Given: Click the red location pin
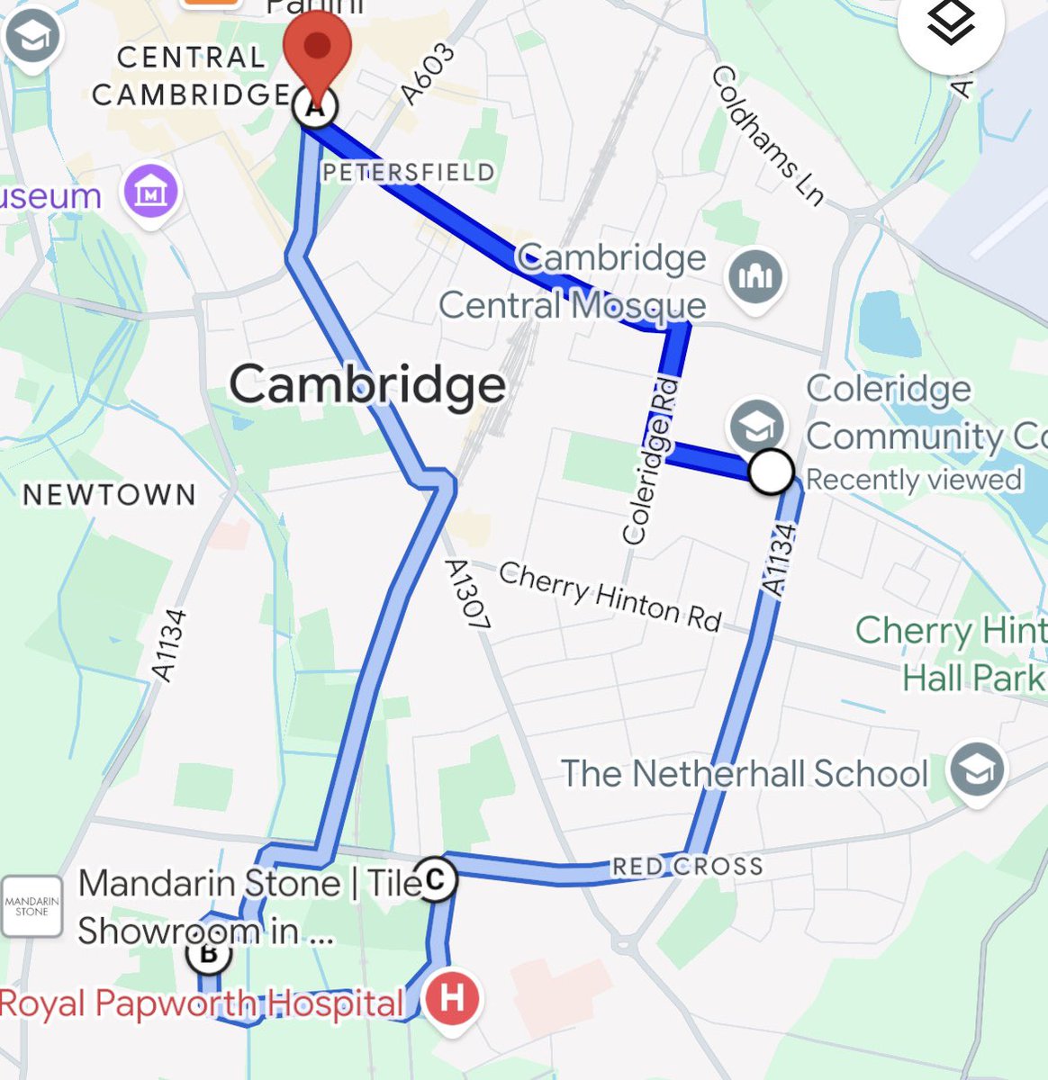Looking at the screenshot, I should tap(316, 45).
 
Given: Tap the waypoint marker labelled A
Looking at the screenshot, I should tap(315, 108).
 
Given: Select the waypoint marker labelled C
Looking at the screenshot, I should tap(435, 877).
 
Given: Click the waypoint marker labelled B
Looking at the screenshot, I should tap(209, 953).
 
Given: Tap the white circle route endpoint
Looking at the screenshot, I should tap(771, 471).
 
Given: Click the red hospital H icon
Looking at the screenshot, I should tap(453, 998).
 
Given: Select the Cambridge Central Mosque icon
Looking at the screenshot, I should tap(754, 277).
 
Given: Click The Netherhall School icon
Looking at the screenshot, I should tap(977, 769).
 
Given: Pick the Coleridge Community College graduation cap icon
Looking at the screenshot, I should tap(756, 426).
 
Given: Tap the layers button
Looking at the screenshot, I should tap(951, 24).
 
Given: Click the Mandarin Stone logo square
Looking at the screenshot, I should tap(32, 906).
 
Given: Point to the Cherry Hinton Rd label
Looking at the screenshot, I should tap(610, 596).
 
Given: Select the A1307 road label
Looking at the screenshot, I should tap(467, 594).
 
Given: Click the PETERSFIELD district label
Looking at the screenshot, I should tap(408, 172).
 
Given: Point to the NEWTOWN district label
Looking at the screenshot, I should tap(109, 494).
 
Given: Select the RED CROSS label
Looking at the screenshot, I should tap(687, 866).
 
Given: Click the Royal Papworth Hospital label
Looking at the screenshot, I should tap(202, 1003).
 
